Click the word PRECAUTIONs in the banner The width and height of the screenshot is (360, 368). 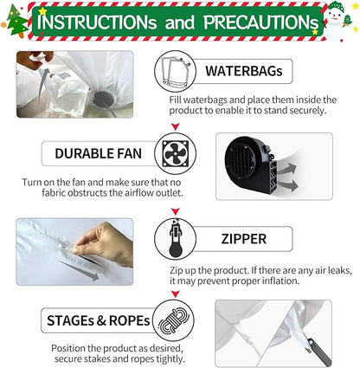click(261, 22)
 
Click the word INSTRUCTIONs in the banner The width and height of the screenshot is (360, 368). click(97, 22)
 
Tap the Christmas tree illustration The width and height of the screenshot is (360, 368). click(17, 22)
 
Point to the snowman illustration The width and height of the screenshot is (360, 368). click(337, 20)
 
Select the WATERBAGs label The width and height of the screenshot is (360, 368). click(244, 71)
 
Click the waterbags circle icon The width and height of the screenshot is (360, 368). click(175, 71)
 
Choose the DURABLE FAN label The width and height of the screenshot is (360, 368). click(99, 153)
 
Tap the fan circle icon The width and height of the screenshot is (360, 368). click(176, 153)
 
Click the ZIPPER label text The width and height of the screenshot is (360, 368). click(244, 239)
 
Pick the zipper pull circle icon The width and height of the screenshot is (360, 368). click(175, 239)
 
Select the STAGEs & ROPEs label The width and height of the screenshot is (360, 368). click(99, 320)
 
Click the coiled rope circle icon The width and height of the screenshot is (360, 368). click(173, 320)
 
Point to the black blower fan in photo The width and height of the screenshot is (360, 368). click(252, 165)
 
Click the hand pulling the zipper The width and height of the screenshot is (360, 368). click(104, 243)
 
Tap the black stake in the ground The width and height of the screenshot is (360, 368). click(319, 352)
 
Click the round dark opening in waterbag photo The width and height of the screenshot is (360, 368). click(103, 100)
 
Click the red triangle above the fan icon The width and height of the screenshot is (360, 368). click(176, 126)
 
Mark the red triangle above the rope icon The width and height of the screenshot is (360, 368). click(175, 294)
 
